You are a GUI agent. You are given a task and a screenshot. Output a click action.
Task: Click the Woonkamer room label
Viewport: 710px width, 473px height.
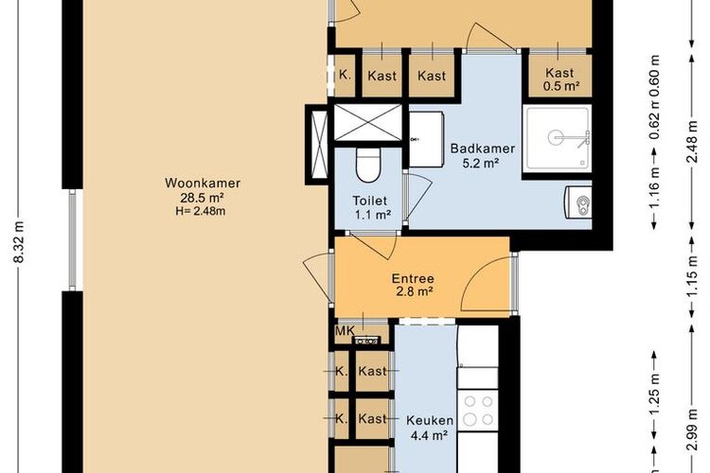pos(203,184)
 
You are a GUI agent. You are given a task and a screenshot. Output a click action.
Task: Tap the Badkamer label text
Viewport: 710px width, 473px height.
pos(483,149)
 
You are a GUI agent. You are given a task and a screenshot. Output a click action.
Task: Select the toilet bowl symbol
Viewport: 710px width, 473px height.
pos(368,166)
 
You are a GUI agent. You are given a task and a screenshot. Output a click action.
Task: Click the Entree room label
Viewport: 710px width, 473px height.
pos(413,278)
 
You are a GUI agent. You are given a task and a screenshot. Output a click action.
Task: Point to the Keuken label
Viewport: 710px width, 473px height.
pos(430,420)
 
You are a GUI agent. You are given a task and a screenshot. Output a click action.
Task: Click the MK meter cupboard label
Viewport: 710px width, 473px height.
pos(345,331)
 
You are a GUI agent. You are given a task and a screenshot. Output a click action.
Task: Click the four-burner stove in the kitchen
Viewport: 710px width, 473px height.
pos(479,410)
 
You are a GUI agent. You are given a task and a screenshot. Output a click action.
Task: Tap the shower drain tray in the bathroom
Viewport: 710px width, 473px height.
pos(558,138)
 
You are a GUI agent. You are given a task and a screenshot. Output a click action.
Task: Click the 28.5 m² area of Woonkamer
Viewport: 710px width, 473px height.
pos(203,198)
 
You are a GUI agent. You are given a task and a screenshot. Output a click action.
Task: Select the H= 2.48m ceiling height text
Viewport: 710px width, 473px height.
pos(201,210)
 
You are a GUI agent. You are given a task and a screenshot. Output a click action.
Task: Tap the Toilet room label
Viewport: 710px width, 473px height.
pos(370,200)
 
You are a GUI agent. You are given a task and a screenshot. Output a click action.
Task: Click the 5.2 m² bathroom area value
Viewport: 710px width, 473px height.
pos(481,163)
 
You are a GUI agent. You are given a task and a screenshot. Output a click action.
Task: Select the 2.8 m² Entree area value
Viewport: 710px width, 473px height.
pos(413,292)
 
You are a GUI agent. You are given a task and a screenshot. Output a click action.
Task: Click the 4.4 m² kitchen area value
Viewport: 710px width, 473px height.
pos(429,435)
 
